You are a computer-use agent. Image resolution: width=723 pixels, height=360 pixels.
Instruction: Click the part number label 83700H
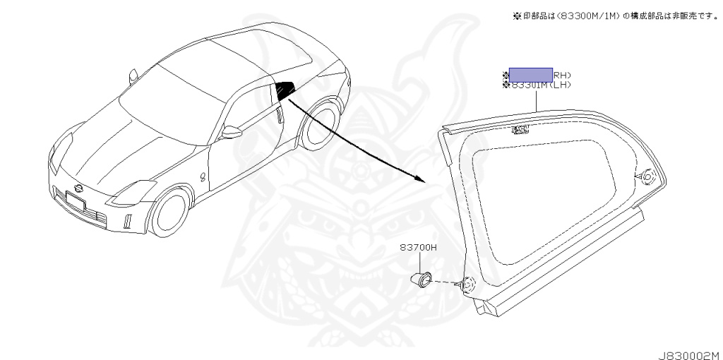tap(419, 248)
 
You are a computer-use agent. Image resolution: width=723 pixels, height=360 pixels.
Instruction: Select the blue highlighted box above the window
tap(530, 74)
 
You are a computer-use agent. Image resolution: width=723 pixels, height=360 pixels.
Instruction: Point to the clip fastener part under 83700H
tap(422, 278)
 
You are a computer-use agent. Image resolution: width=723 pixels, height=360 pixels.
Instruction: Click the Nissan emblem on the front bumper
tap(78, 188)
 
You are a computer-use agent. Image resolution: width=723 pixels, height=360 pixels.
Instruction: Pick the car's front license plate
tap(73, 202)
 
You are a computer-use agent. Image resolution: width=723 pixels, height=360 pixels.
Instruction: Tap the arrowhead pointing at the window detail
tap(420, 179)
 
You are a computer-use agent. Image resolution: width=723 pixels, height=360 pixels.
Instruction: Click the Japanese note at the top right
tap(615, 16)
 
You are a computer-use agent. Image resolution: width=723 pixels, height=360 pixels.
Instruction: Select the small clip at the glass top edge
tap(520, 129)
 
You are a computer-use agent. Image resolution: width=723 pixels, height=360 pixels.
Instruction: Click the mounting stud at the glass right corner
tap(645, 176)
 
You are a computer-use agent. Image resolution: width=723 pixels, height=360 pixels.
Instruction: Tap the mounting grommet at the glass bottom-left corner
tap(465, 286)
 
